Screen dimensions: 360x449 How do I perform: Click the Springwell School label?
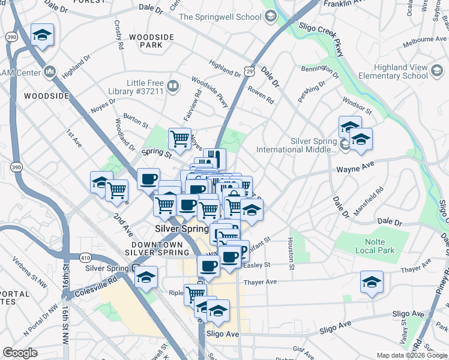click(220, 17)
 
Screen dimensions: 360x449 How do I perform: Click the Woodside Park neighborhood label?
click(151, 41)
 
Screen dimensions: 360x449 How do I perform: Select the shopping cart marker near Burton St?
click(179, 139)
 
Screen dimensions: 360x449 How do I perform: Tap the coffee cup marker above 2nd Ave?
click(148, 178)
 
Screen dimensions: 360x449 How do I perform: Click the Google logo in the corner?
click(20, 353)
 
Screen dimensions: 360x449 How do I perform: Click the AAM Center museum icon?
click(49, 73)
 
